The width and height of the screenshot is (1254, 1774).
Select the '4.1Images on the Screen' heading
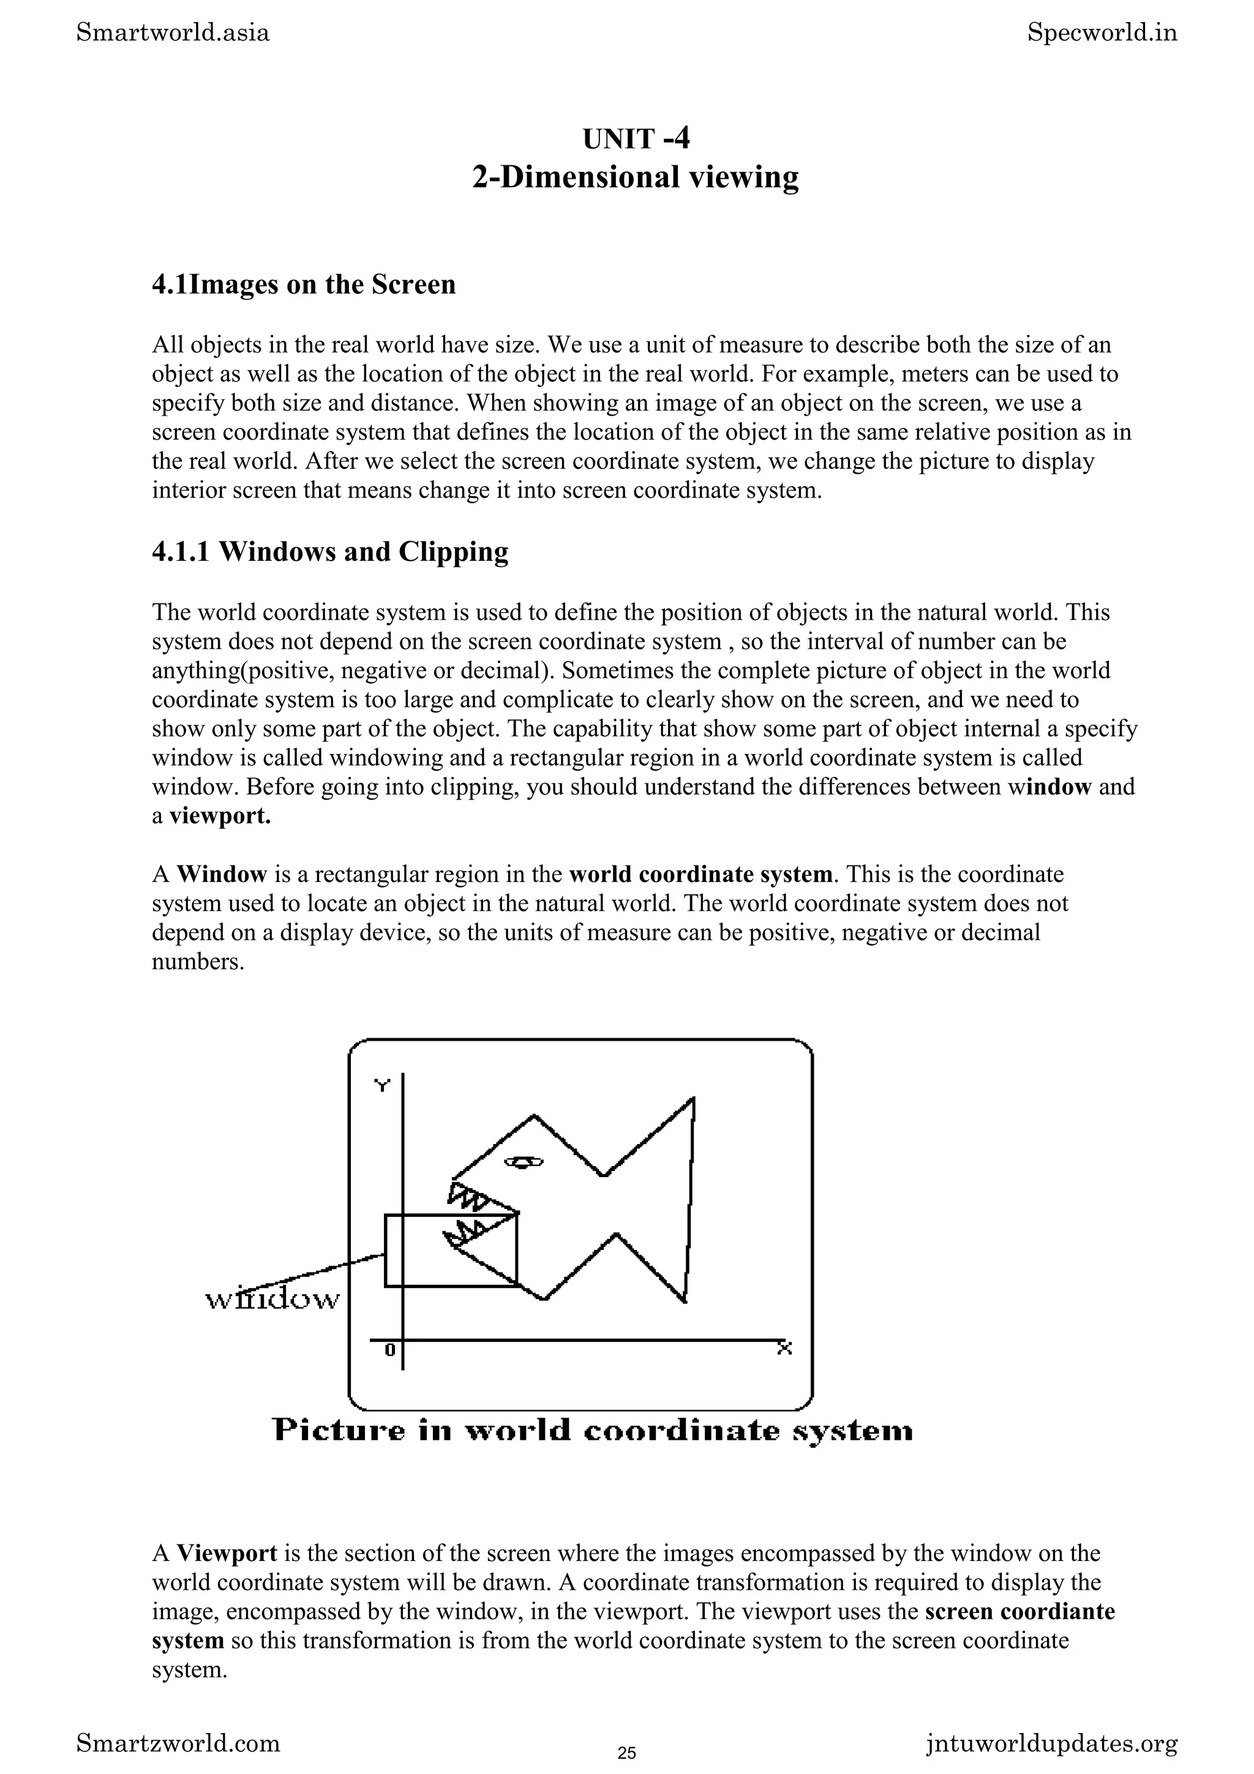304,284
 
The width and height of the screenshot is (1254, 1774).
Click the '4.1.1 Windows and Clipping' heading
330,552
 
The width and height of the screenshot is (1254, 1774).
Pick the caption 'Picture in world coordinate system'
593,1431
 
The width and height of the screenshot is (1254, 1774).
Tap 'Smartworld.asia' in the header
173,33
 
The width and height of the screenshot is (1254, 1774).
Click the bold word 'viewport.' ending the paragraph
220,816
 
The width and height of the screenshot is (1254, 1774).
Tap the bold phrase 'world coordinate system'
701,874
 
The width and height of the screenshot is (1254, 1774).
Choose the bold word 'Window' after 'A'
222,874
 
